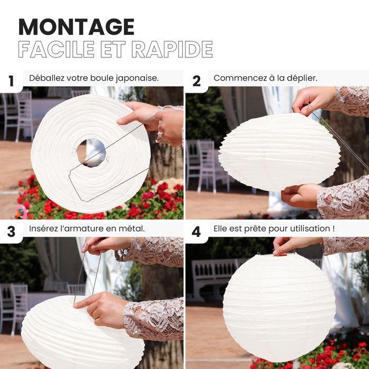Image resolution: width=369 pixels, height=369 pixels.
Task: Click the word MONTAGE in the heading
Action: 76,26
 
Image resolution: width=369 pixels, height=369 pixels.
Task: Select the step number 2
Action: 197,81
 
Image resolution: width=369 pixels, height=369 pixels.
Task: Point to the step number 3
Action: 11,231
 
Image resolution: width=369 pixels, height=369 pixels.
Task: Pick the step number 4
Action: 197,231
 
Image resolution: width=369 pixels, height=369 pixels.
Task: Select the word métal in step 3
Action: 132,228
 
